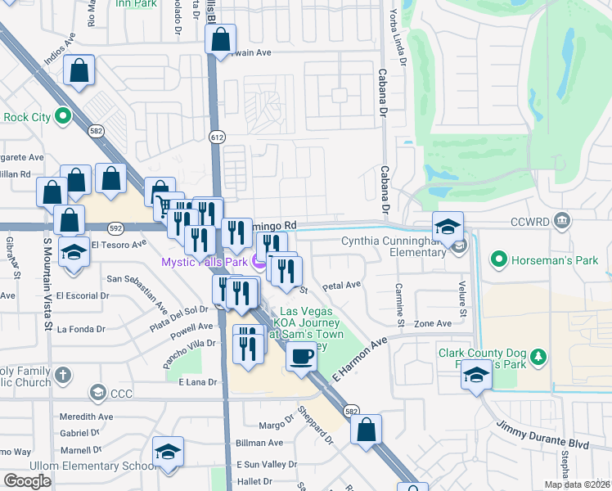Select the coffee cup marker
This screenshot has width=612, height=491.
pyautogui.click(x=301, y=357)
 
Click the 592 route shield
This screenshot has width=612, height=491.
pyautogui.click(x=115, y=228)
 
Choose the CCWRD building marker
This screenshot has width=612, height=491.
pyautogui.click(x=561, y=219)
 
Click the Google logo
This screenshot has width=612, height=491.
pyautogui.click(x=28, y=481)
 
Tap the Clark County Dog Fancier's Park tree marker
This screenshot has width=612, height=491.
pyautogui.click(x=538, y=357)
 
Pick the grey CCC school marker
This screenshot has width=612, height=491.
pyautogui.click(x=98, y=394)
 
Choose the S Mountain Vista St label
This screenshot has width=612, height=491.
pyautogui.click(x=47, y=278)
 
